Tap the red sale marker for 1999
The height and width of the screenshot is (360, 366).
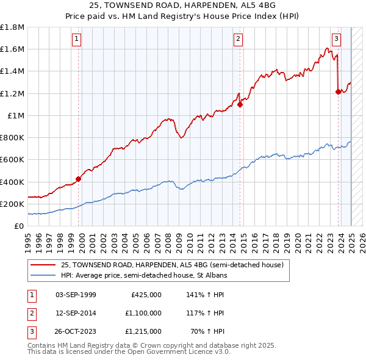coord(79,179)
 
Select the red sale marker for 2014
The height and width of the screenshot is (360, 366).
coord(240,104)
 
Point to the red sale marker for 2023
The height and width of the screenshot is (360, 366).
coord(339,92)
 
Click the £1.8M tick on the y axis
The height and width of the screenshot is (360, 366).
coord(12,27)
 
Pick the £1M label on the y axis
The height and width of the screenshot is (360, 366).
coord(16,115)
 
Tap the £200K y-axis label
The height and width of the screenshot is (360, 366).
coord(12,204)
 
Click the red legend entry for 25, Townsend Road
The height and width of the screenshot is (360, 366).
coord(172,265)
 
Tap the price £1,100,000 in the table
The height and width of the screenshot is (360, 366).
coord(143,313)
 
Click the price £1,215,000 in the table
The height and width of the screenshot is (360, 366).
coord(143,331)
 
